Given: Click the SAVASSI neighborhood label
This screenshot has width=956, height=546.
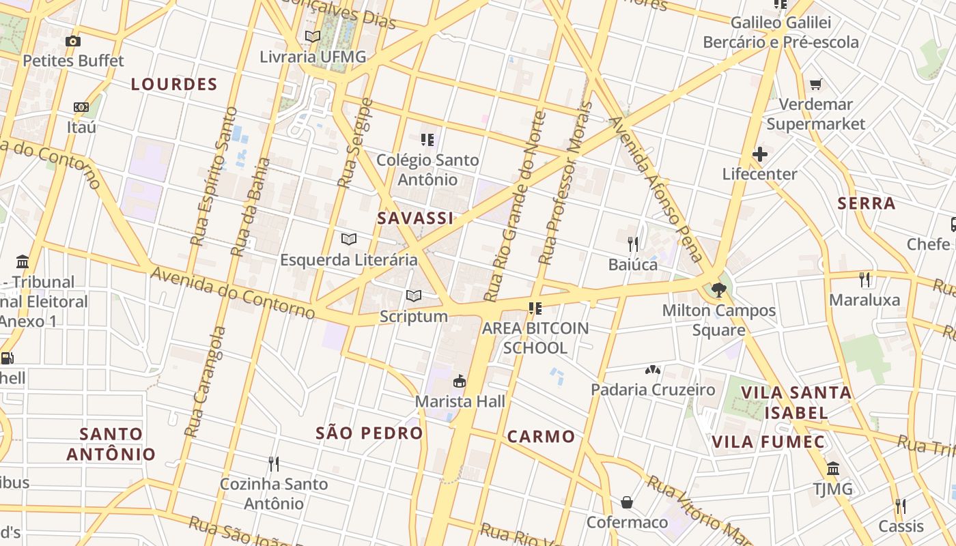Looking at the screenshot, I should coord(415,218).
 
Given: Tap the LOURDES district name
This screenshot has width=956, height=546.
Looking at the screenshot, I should coord(174,85).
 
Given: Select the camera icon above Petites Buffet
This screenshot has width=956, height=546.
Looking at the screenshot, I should coord(73,41).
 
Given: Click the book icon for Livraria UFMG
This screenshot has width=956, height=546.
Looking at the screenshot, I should coord(313,37).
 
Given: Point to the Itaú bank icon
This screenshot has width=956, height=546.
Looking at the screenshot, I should coord(81,107).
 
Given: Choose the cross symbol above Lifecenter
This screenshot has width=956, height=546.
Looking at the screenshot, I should coord(759,154).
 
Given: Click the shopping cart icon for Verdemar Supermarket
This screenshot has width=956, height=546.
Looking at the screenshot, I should coord(815,85).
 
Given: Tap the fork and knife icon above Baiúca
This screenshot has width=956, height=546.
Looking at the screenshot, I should coord(633,244).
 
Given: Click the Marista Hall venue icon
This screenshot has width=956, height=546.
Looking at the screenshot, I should coord(460,381).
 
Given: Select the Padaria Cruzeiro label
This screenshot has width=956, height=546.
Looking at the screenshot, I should coord(653,390).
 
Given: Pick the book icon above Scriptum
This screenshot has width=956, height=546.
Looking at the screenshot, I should coord(414,296).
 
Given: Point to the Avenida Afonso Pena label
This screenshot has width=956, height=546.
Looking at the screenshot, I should coord(654,190).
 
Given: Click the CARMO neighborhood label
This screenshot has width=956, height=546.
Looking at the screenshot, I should coord(541,437).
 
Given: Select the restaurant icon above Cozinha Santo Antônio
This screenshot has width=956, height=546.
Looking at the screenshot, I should coord(273,464).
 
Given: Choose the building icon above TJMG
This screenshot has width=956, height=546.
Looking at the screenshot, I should coord(832,469).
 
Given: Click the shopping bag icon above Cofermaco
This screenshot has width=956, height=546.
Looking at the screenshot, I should coord(627,503).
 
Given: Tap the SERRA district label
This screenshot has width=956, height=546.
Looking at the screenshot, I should coord(866,203).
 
